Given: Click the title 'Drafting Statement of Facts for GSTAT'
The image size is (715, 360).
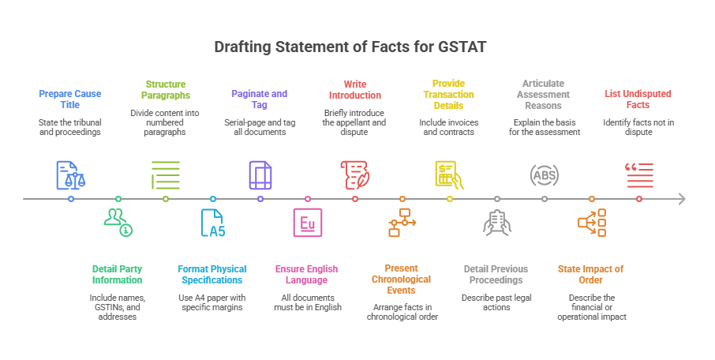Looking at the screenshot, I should pos(357,47).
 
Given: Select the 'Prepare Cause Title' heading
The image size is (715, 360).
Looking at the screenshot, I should pos(70,99).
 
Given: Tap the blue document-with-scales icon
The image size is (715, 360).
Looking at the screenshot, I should pos(70,174).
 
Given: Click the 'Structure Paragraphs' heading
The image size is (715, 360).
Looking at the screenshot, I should pos(165,89).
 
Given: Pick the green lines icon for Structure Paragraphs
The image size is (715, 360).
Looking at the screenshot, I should pos(165,174).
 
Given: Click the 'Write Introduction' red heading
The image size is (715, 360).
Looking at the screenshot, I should pos(354,89).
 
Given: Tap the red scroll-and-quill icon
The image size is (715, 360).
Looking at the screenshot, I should pos(354,174).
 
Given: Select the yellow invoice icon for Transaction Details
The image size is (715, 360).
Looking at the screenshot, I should pos(449,174).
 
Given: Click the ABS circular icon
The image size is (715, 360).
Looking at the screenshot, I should pos(544,175).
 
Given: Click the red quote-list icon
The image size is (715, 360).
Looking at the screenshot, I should pos(638,174).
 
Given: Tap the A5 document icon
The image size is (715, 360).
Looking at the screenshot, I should pos(212,223).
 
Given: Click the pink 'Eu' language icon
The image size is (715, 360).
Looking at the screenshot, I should pos(307,223).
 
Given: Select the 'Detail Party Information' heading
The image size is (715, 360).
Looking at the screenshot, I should pos(118,274).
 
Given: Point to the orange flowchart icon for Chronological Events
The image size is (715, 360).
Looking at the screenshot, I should pos(402,223).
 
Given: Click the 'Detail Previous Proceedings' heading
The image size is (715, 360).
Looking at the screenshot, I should pos(496,274).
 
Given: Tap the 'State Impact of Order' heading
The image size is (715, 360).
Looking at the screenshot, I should pos(591,274).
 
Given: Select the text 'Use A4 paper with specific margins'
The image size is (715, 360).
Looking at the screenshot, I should pos(212,302).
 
